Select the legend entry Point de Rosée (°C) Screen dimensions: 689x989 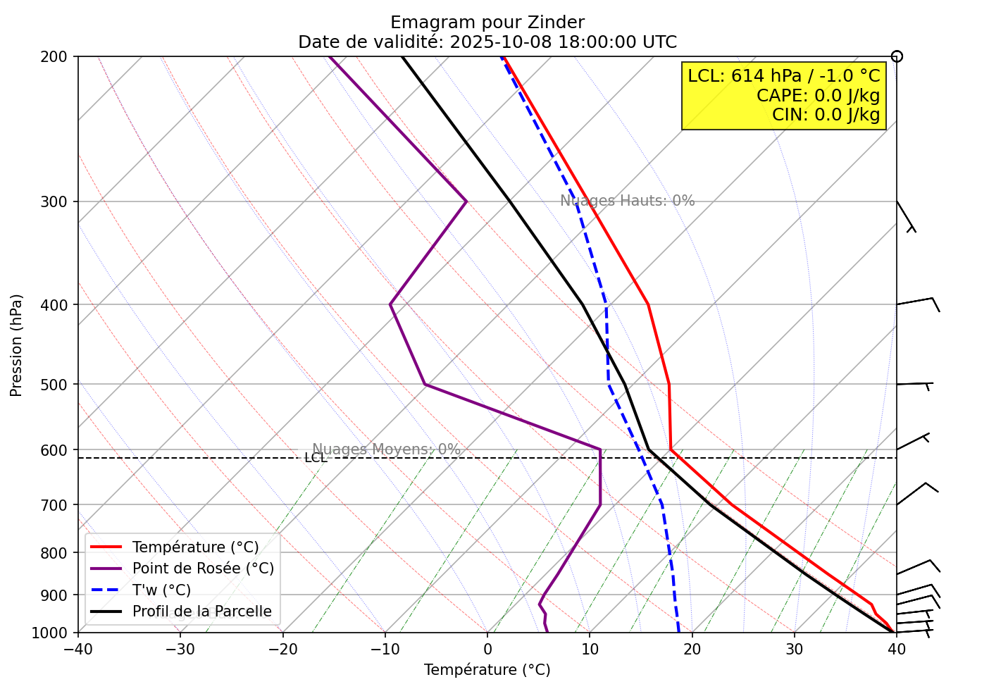[203, 569]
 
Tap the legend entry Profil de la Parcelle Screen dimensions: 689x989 [201, 612]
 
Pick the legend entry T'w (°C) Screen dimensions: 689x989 [161, 590]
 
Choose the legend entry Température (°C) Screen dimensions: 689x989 [195, 547]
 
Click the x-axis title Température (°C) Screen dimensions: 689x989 [487, 670]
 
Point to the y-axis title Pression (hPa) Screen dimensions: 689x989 [17, 345]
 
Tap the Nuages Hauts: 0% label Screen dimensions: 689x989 [627, 201]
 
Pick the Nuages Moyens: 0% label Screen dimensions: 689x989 [386, 449]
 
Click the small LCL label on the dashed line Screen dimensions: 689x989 [316, 458]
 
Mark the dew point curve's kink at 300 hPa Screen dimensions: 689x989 [466, 201]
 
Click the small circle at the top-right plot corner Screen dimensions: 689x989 [897, 56]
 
